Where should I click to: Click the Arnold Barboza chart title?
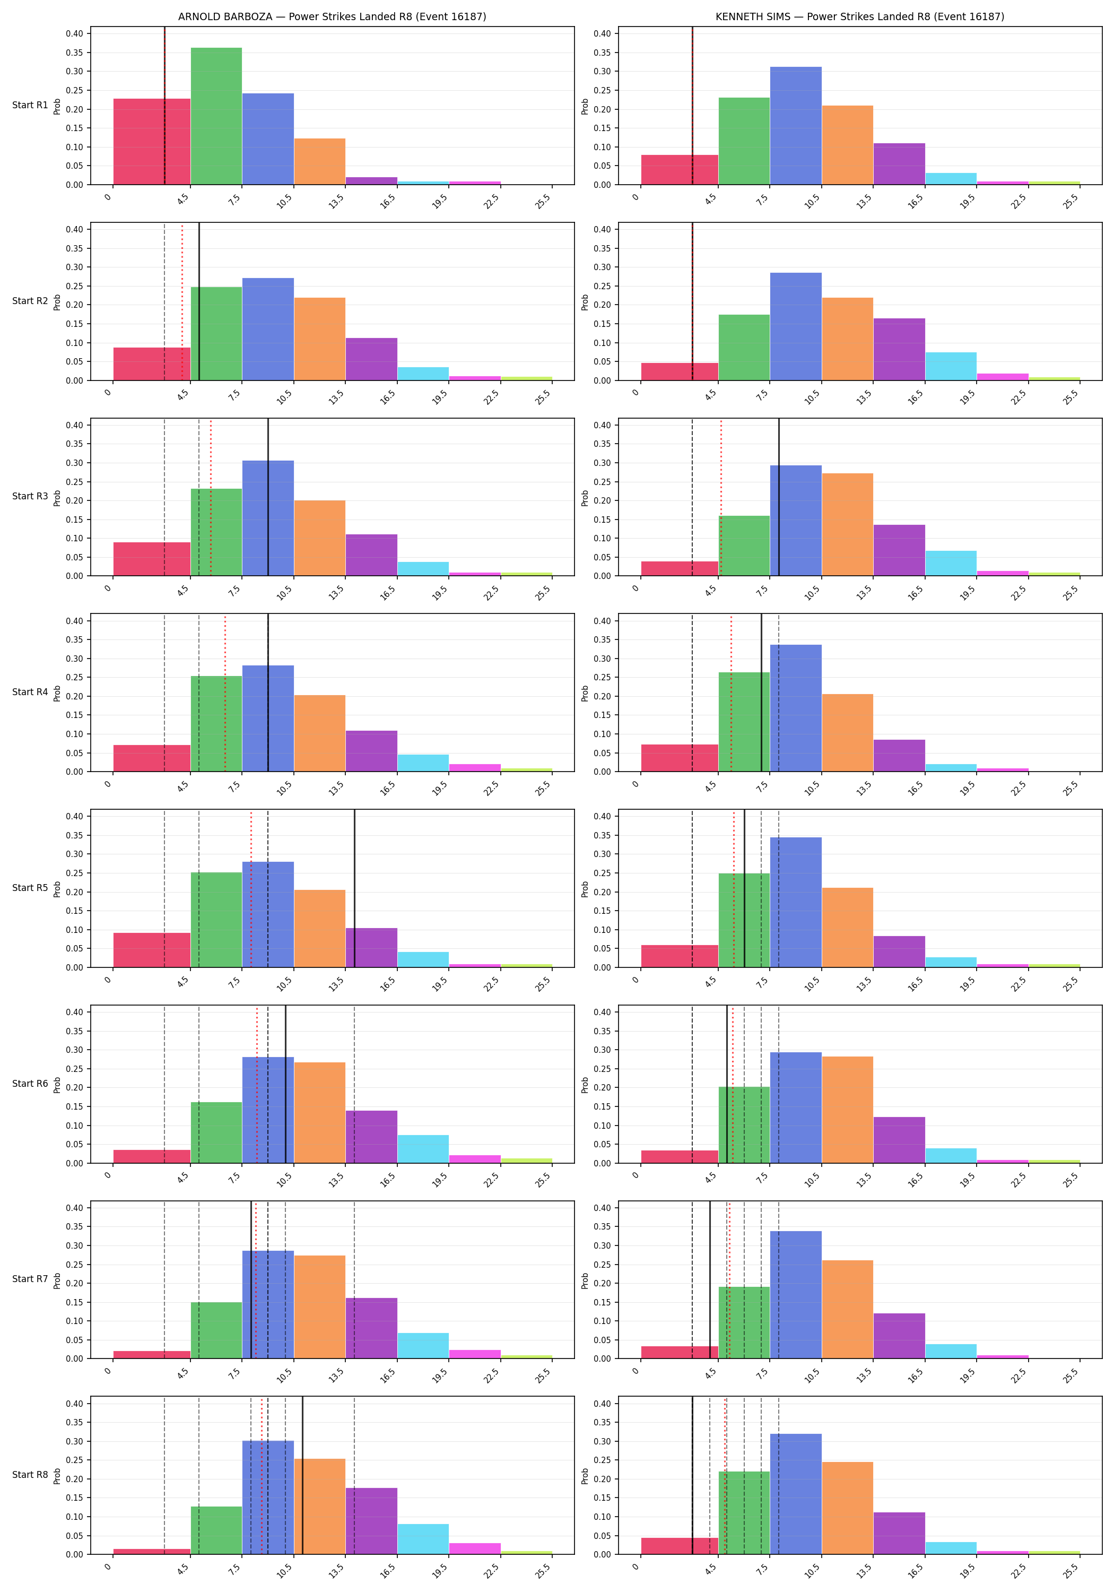coord(332,16)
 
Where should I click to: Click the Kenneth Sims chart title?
coord(859,16)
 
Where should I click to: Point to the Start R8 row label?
coord(30,1475)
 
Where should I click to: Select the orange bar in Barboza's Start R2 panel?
coord(319,339)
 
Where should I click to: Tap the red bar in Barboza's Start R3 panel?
coord(152,559)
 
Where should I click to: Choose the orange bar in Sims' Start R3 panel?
coord(847,525)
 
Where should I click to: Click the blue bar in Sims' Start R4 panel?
coord(796,708)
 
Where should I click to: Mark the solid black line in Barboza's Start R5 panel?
coord(355,888)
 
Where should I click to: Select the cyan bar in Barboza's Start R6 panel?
coord(423,1149)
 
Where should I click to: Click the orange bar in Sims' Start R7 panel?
coord(847,1309)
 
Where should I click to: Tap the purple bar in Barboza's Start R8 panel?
coord(371,1520)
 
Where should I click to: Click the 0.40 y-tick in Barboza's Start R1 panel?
coord(74,34)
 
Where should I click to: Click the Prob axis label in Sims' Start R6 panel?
coord(585,1085)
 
